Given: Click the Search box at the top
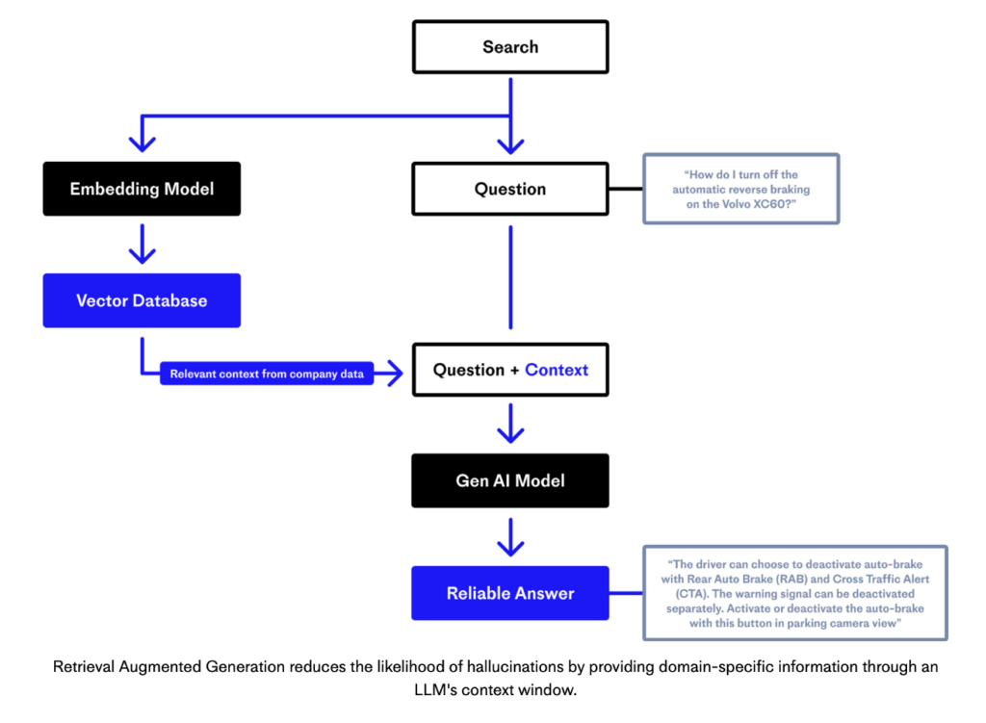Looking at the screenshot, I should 510,46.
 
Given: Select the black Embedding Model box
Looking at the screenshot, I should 142,189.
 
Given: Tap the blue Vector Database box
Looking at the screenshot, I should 142,300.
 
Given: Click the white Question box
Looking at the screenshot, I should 510,189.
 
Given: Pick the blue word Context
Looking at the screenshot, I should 557,370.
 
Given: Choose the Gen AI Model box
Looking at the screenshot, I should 510,480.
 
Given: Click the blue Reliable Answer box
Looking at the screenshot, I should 510,593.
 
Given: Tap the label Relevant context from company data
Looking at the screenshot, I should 267,374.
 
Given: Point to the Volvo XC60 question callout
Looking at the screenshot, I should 740,189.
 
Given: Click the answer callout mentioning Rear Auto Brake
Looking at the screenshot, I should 794,593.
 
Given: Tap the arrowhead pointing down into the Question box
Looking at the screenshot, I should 510,143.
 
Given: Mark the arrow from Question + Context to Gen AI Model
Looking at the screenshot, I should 510,425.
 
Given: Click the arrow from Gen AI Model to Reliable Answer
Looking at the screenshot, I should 510,537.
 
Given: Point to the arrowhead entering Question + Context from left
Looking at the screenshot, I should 393,374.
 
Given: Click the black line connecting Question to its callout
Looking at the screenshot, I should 626,189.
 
